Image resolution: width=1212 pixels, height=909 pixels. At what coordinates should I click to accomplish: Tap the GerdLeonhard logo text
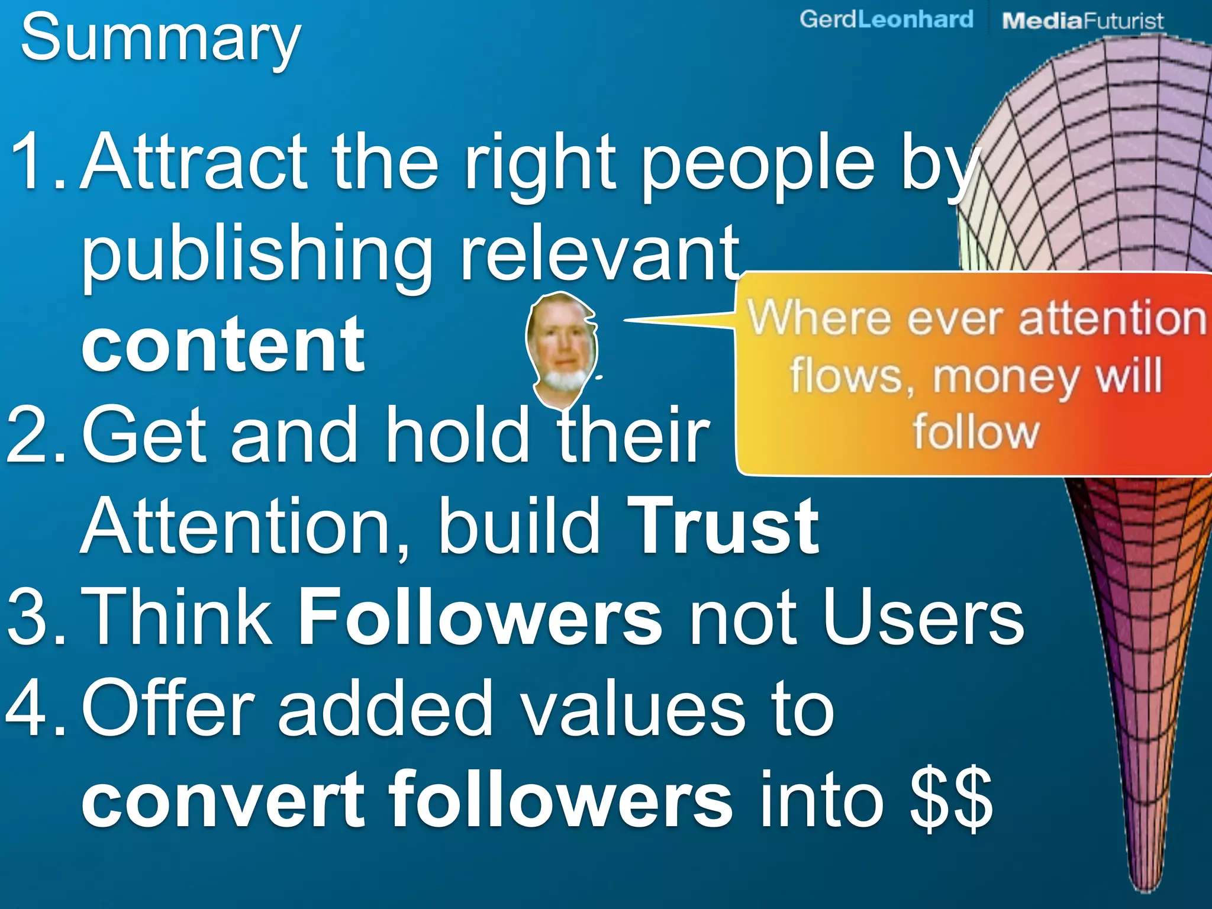[886, 20]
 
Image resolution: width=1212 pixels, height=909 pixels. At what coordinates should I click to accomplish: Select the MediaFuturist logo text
[1082, 21]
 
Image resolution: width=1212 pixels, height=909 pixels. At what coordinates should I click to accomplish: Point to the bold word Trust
[723, 527]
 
